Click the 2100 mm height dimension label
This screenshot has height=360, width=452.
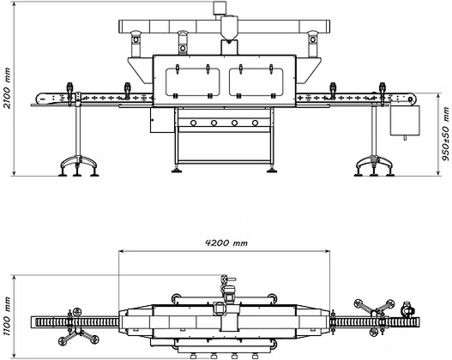tap(6, 88)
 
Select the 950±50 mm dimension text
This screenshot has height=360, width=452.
tap(446, 134)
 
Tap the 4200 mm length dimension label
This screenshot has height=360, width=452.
tap(226, 243)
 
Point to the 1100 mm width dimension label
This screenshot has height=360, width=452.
tap(7, 316)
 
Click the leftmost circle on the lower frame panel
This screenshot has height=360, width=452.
tap(194, 123)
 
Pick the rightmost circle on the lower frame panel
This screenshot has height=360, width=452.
tap(255, 123)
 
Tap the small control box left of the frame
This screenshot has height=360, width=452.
tap(162, 120)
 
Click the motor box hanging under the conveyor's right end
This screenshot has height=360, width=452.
tap(405, 120)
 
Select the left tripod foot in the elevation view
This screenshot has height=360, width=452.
tap(78, 166)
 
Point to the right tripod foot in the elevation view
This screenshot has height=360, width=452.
tap(374, 166)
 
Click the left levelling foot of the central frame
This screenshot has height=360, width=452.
tap(177, 170)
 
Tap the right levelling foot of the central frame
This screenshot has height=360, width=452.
tap(272, 170)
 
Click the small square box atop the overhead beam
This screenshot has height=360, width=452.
tap(220, 8)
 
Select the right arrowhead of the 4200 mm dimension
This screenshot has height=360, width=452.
tap(328, 251)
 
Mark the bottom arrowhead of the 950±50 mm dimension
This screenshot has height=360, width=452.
tap(438, 173)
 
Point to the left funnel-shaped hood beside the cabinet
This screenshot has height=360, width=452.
tap(141, 70)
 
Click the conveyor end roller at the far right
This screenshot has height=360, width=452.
tap(411, 99)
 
